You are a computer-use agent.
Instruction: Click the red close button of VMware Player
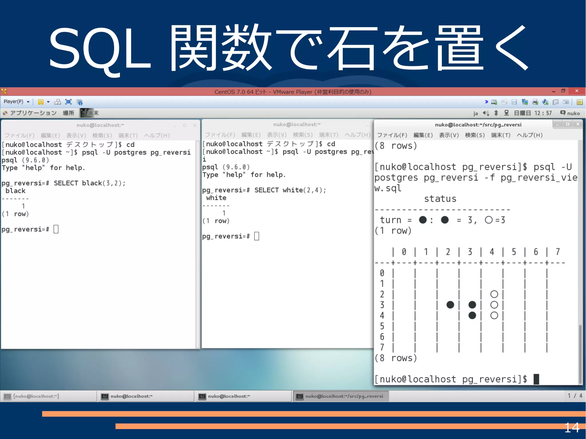coord(577,91)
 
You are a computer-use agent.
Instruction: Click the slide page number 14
coord(572,428)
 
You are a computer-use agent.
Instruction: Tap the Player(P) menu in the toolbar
coord(14,102)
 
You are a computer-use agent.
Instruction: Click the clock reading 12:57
coord(543,113)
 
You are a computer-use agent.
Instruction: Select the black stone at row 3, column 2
coord(450,305)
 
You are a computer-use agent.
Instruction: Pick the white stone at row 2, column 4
coord(494,294)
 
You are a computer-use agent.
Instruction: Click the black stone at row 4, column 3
coord(472,315)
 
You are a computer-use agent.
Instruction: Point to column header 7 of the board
coord(558,252)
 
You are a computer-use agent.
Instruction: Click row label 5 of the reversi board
coord(382,326)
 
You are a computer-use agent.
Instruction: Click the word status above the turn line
coord(440,199)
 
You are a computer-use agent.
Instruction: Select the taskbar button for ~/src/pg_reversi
coord(340,396)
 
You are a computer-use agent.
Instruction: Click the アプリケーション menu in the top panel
coord(33,113)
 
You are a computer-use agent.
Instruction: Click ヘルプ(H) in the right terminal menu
coord(529,135)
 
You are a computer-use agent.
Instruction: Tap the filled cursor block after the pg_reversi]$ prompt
coord(536,379)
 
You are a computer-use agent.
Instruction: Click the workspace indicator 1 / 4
coord(575,396)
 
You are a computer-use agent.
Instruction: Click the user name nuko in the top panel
coord(573,113)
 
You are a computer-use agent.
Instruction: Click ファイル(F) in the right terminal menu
coord(392,135)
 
